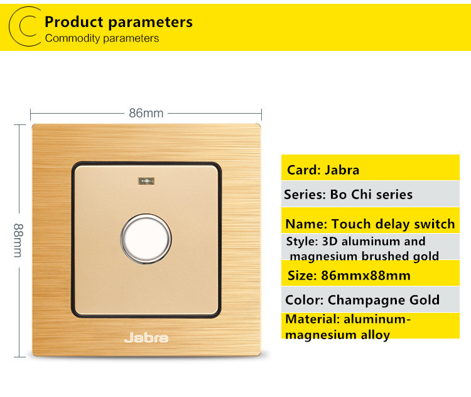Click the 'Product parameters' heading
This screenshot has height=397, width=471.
coord(119,22)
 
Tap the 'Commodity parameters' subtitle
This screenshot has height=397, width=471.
coord(102,38)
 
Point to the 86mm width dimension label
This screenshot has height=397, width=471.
coord(146,113)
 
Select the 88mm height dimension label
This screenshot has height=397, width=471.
coord(18,241)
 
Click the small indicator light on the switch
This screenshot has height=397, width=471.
coord(146,181)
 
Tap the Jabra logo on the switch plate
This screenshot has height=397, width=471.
coord(146,338)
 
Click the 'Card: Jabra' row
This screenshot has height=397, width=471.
coord(371,168)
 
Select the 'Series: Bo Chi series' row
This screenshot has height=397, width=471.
coord(371,194)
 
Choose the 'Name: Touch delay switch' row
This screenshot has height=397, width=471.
coord(371,220)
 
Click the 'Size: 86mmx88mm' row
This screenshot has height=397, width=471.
coord(371,273)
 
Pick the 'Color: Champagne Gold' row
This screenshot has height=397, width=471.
coord(371,300)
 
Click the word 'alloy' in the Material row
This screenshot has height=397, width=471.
coord(376,335)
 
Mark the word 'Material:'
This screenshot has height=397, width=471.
coord(313,319)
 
